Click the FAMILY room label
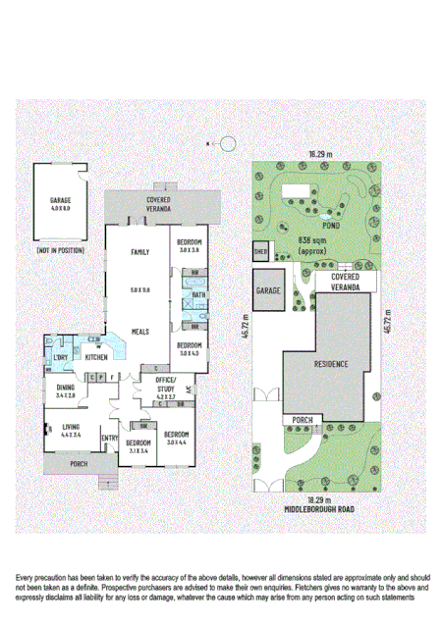(139, 252)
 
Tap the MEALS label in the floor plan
(139, 333)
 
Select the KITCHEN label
(95, 357)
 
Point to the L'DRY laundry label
(61, 358)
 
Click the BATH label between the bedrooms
(198, 294)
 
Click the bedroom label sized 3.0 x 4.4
(177, 437)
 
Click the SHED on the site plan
(261, 250)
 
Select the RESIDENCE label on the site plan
(330, 363)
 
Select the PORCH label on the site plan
(301, 420)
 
